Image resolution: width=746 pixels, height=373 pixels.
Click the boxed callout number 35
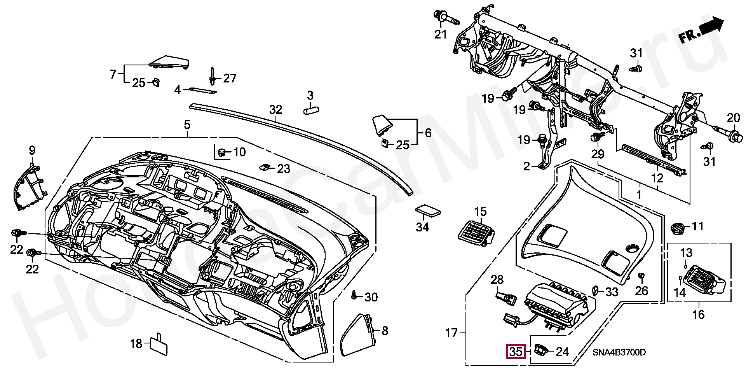(516, 352)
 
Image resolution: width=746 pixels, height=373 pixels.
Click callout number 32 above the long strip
(275, 110)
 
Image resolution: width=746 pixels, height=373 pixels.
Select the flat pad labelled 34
(428, 211)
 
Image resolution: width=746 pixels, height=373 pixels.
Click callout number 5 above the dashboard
(187, 125)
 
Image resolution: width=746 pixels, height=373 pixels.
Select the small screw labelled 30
(354, 295)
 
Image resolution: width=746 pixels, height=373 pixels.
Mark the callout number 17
(451, 333)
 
